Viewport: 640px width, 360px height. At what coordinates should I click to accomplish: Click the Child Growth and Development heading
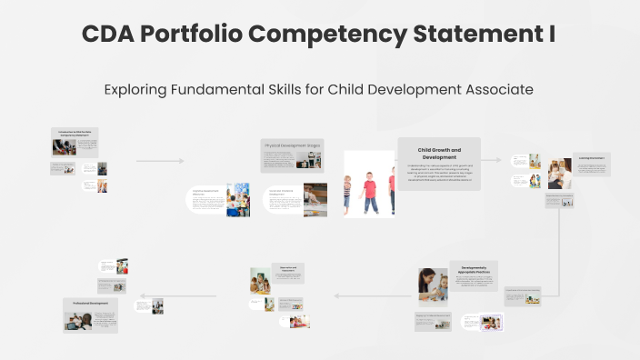click(x=439, y=153)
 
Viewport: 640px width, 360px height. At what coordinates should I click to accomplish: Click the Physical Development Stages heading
click(x=291, y=145)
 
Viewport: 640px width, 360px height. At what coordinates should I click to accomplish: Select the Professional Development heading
click(x=88, y=303)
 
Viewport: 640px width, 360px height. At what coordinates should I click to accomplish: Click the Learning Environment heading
click(x=591, y=158)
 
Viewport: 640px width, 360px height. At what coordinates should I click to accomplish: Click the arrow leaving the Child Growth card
click(x=492, y=161)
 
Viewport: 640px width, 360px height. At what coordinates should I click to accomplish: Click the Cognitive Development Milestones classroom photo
click(x=238, y=200)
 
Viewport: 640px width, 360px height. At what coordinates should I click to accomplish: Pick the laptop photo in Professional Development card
click(x=78, y=320)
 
